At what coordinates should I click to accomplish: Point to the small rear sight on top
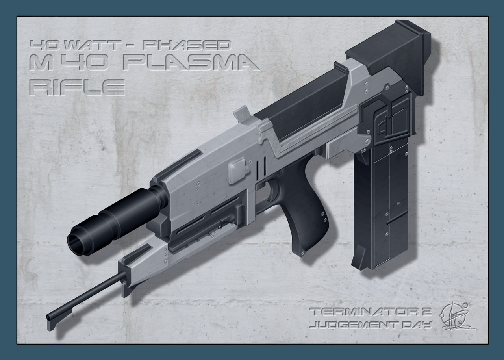tap(241, 114)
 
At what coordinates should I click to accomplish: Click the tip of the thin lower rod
tap(49, 317)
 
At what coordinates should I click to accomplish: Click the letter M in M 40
tap(43, 63)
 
